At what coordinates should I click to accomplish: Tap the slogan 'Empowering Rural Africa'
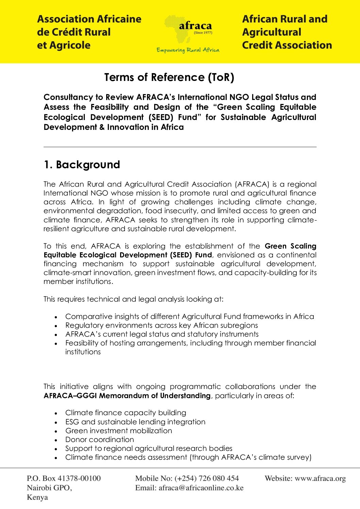tap(188, 50)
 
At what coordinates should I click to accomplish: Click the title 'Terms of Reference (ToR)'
tap(169, 78)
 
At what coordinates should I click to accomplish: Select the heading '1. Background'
tap(82, 165)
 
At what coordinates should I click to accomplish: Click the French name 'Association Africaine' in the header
tap(89, 19)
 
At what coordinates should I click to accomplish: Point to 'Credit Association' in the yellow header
tap(287, 45)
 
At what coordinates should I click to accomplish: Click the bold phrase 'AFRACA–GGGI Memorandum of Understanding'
tap(127, 396)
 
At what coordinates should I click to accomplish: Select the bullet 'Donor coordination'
tap(99, 440)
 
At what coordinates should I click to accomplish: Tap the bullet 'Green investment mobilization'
tap(118, 431)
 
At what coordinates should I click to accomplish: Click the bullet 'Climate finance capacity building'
tap(126, 413)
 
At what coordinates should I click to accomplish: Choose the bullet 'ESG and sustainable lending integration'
tap(135, 422)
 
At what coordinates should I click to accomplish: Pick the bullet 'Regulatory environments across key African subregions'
tap(161, 325)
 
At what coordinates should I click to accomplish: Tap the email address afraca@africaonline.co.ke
tap(201, 488)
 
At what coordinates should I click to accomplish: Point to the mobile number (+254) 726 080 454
tap(207, 478)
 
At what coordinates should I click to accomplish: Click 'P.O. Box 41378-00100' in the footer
tap(64, 478)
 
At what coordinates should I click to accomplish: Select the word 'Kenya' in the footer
tap(37, 497)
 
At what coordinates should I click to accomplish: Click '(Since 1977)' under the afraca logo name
tap(203, 33)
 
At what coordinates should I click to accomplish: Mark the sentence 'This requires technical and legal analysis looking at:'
tap(133, 299)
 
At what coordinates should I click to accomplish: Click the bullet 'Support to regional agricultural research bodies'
tap(149, 448)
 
